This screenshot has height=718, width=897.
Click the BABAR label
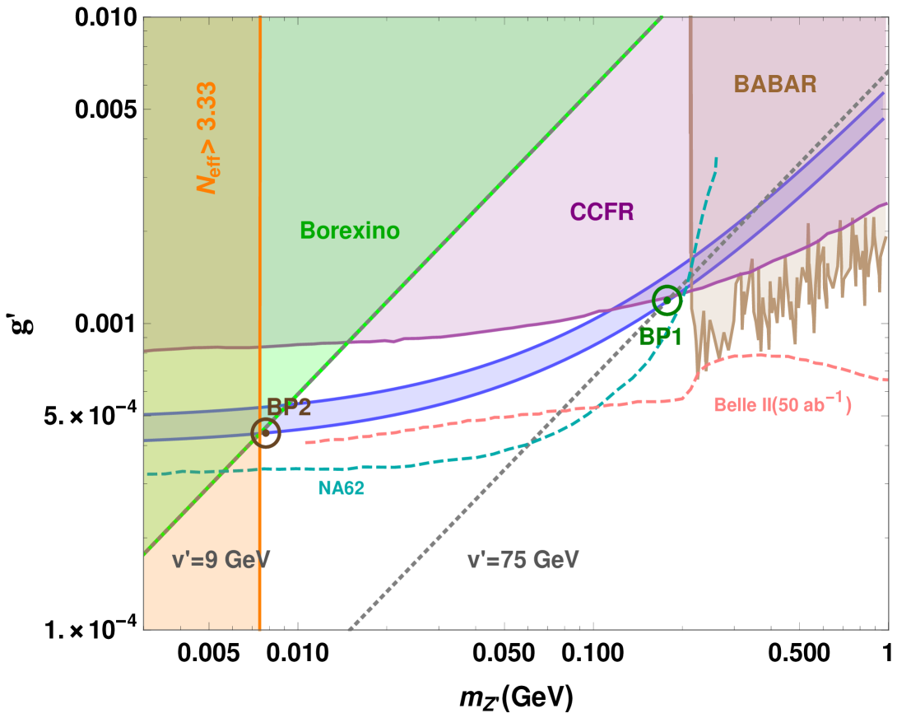(774, 84)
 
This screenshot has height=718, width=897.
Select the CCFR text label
(602, 212)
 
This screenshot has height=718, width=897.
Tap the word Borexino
(350, 231)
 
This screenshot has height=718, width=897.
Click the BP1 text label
(661, 335)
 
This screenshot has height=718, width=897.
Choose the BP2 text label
(289, 407)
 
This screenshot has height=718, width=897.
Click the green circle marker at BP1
(667, 301)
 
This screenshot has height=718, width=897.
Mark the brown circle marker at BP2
(266, 432)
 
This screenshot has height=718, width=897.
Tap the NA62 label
(342, 488)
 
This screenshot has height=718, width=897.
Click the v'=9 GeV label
(221, 561)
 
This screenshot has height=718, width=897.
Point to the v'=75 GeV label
(523, 561)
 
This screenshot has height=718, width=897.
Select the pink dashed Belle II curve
(494, 416)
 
